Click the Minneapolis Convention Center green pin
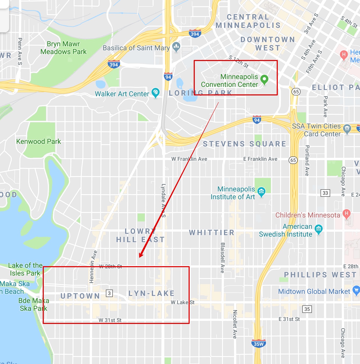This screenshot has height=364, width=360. (x=264, y=79)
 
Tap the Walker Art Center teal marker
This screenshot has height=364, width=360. (x=155, y=92)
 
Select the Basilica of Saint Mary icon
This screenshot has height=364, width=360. (x=176, y=47)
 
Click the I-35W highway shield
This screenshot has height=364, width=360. (x=258, y=344)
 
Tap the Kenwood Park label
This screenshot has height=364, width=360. (x=38, y=141)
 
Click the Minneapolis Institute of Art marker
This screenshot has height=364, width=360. (x=261, y=192)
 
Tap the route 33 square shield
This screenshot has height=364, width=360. (x=325, y=193)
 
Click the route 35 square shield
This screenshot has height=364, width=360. (x=307, y=309)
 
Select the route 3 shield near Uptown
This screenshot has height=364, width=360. (x=109, y=293)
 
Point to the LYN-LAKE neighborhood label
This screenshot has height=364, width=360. (x=152, y=293)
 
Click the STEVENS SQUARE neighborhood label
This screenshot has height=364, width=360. (x=244, y=144)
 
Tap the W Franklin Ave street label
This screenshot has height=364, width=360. (x=189, y=159)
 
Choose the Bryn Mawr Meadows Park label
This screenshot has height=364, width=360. (x=63, y=48)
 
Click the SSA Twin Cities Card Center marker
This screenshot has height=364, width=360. (x=347, y=129)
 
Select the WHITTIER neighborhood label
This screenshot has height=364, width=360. (x=212, y=233)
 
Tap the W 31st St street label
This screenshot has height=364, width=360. (x=110, y=320)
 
